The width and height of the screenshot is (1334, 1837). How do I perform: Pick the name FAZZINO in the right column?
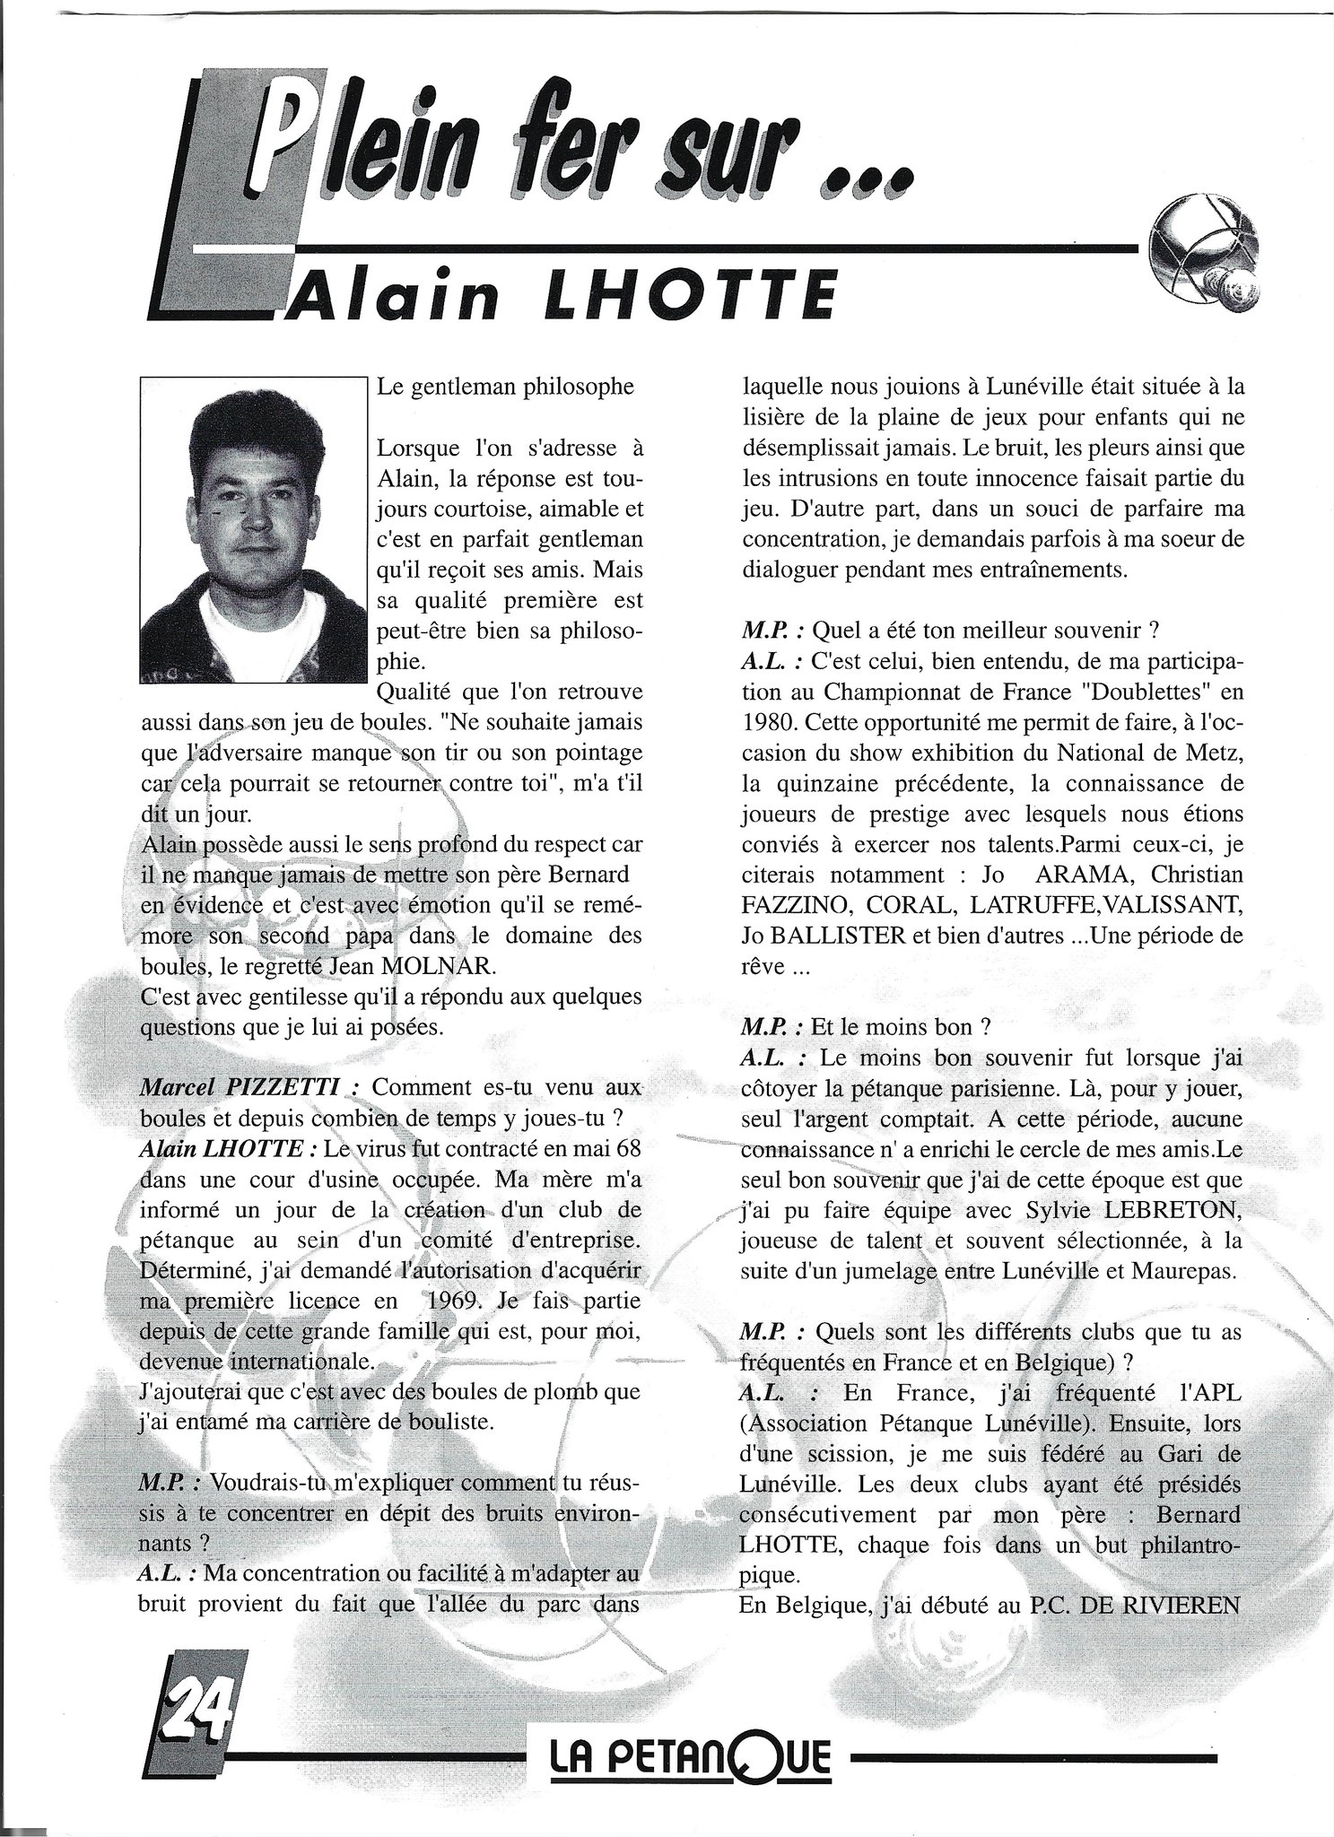pos(794,905)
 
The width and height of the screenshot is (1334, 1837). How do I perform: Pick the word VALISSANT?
pos(1165,905)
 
